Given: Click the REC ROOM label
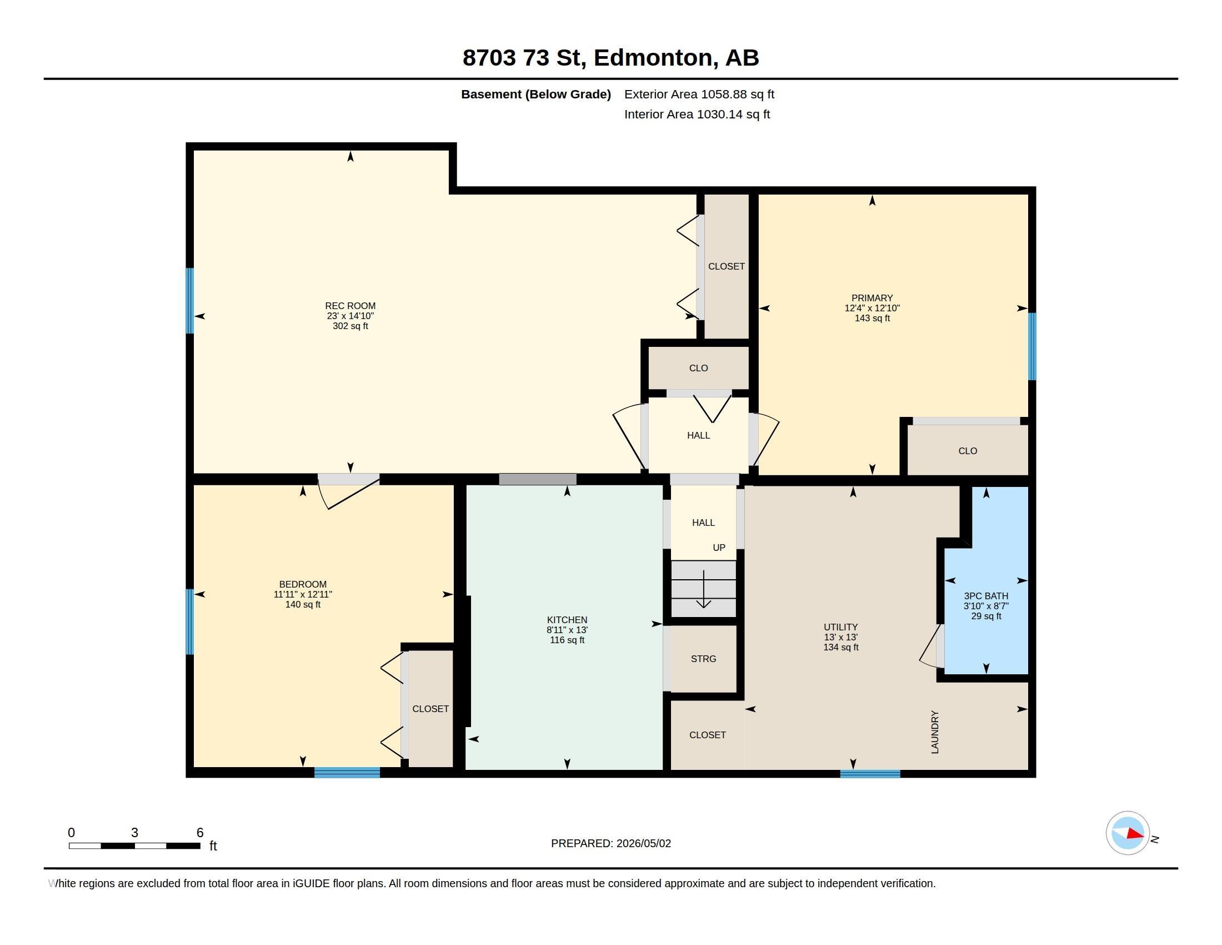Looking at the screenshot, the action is point(350,306).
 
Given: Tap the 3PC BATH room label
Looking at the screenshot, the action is point(986,596).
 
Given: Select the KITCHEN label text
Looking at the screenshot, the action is point(567,620).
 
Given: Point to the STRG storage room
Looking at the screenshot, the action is point(703,659).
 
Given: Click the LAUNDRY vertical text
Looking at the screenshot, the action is point(934,732).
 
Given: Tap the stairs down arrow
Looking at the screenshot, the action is point(703,589).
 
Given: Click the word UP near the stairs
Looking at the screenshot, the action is point(719,548).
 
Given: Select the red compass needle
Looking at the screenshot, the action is point(1135,834).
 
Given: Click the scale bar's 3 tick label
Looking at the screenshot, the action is point(134,833).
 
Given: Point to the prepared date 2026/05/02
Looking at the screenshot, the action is point(643,843).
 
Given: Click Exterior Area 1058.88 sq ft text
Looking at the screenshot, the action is point(699,94).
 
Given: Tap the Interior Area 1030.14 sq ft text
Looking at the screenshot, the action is point(697,114).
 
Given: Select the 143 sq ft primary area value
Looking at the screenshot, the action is point(872,318).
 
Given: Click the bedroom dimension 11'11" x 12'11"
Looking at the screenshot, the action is point(303,594).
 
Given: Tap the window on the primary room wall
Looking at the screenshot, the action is point(1033,346).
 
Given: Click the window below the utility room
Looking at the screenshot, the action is point(870,774).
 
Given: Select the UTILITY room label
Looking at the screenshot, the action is point(840,627).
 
